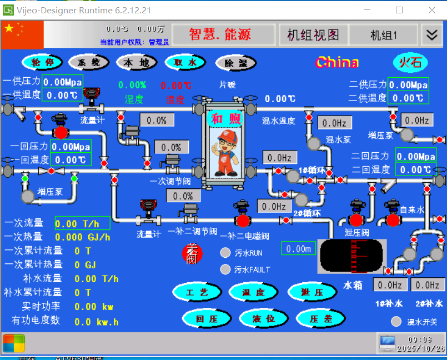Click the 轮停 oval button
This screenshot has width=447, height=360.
42,62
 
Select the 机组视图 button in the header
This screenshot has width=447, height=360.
313,34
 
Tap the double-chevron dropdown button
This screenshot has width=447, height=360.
431,34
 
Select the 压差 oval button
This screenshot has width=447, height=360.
320,318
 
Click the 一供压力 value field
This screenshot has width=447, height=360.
62,82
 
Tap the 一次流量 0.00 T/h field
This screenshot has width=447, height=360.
82,223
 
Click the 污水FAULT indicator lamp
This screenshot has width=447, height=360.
225,269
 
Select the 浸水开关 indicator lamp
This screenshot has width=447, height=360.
396,322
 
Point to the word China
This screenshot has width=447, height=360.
337,62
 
